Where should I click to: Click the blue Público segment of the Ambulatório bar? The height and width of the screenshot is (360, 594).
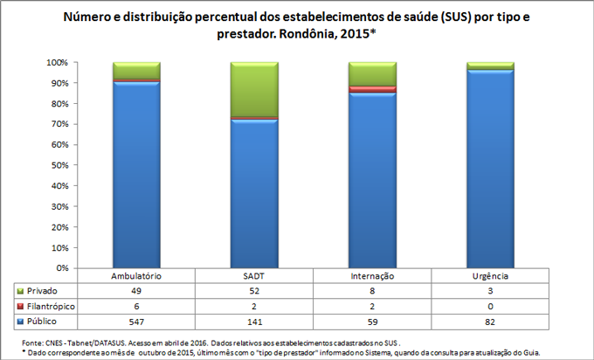(x=136, y=175)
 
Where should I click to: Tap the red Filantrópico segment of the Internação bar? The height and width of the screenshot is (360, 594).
(x=373, y=89)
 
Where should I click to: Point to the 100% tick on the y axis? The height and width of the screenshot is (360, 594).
(x=58, y=63)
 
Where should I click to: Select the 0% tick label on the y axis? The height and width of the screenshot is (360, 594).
(x=62, y=267)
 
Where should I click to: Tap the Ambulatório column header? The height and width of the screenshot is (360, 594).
(x=136, y=275)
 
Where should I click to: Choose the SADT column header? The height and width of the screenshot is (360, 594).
(x=254, y=275)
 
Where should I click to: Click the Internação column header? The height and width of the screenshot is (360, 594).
(x=373, y=275)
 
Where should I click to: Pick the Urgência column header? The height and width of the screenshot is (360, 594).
(x=491, y=275)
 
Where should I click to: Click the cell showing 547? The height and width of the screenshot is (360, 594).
(x=136, y=322)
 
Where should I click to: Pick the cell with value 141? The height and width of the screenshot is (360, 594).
(x=254, y=322)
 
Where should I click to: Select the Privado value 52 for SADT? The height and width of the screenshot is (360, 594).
(x=254, y=290)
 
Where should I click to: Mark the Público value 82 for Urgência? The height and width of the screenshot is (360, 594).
(x=491, y=322)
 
